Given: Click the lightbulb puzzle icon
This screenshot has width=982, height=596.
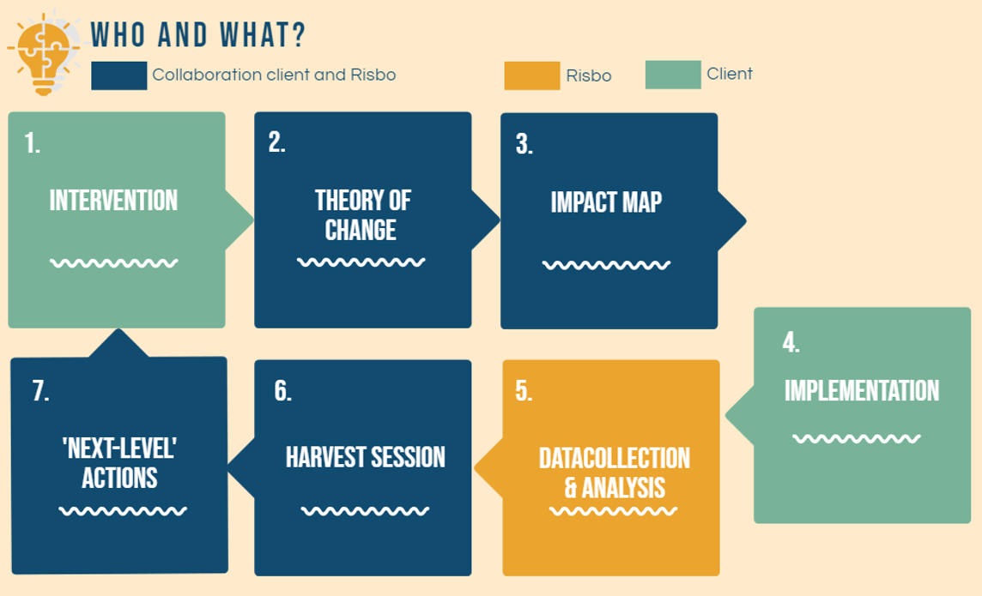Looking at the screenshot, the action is click(43, 54).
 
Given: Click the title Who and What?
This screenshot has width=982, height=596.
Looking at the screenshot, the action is click(198, 35).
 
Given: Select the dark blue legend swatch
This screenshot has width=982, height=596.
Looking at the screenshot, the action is click(119, 75).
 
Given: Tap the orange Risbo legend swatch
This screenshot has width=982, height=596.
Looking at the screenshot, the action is click(531, 75).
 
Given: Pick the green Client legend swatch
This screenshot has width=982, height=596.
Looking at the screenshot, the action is click(673, 75).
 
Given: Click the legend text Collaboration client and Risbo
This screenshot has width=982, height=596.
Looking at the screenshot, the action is click(274, 75).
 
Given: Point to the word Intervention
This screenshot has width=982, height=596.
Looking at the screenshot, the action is click(113, 201).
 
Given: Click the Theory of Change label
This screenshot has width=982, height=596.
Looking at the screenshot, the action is click(362, 215).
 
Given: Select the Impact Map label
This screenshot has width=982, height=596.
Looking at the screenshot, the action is click(606, 202).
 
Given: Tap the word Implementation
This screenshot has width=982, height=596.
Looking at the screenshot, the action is click(862, 391).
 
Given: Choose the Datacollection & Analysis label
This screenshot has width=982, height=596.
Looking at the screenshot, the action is click(615, 473).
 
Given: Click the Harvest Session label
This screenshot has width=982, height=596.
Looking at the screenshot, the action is click(365, 457).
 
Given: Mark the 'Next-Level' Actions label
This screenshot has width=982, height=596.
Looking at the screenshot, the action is click(119, 463).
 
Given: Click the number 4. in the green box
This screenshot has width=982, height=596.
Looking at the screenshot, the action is click(791, 343).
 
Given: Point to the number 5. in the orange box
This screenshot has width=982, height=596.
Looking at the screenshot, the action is click(524, 391).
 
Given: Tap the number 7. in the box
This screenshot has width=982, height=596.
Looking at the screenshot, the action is click(40, 391).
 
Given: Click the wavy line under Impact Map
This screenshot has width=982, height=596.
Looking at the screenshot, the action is click(606, 265).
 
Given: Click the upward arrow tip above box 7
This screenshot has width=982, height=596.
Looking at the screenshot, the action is click(118, 330).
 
